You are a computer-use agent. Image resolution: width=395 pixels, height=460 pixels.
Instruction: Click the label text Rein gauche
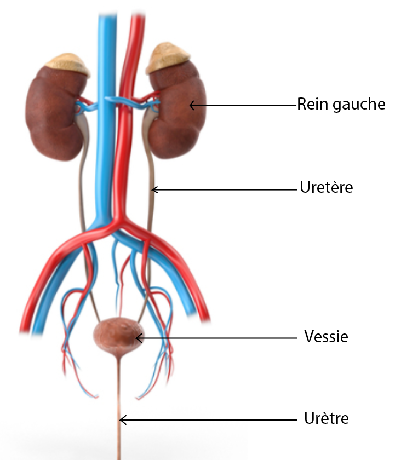pyautogui.click(x=341, y=104)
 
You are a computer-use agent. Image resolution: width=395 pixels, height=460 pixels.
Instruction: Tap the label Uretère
pyautogui.click(x=327, y=187)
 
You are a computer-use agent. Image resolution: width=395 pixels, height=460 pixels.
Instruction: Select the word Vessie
pyautogui.click(x=326, y=336)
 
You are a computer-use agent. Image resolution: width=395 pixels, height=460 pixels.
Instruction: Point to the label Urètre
pyautogui.click(x=326, y=419)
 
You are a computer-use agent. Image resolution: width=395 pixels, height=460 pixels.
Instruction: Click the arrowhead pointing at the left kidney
pyautogui.click(x=192, y=104)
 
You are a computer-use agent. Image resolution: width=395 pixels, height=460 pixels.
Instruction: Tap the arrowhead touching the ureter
pyautogui.click(x=154, y=189)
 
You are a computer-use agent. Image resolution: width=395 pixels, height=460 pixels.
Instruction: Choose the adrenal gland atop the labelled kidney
pyautogui.click(x=169, y=57)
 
